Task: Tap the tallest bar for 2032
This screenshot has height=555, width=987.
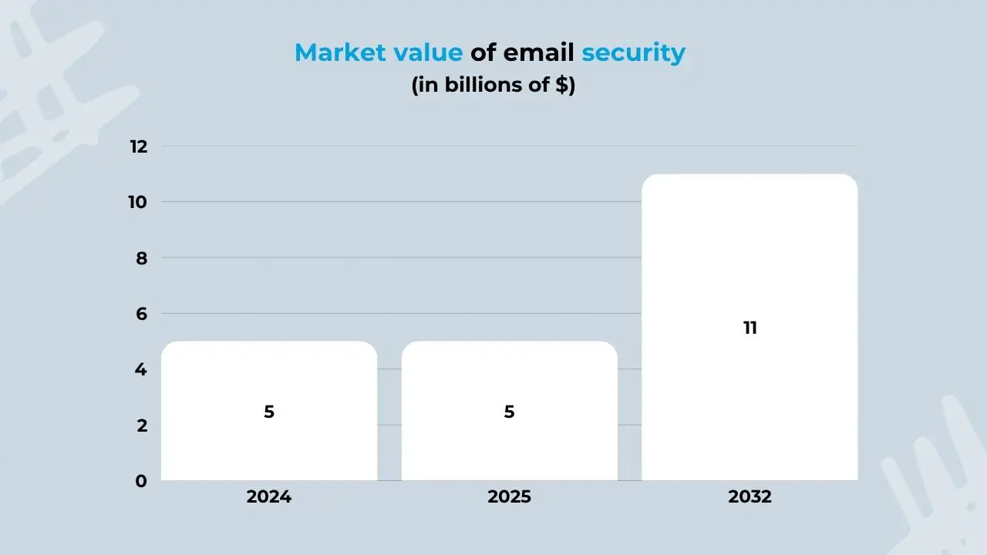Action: pyautogui.click(x=750, y=254)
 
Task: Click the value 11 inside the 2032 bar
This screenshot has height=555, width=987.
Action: pyautogui.click(x=750, y=328)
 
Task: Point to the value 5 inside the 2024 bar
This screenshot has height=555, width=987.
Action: pyautogui.click(x=269, y=412)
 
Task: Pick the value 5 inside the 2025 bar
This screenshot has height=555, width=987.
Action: pyautogui.click(x=509, y=412)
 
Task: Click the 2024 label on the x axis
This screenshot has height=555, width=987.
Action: pyautogui.click(x=269, y=497)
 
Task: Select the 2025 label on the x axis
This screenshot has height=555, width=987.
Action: pyautogui.click(x=509, y=497)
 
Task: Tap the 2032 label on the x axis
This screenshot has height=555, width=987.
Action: pyautogui.click(x=750, y=497)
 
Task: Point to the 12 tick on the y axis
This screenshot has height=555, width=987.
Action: pyautogui.click(x=138, y=146)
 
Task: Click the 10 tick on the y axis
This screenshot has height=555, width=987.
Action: pyautogui.click(x=138, y=202)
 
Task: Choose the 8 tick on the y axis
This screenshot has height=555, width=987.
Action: pyautogui.click(x=141, y=258)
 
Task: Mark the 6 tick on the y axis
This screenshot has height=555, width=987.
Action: pyautogui.click(x=141, y=314)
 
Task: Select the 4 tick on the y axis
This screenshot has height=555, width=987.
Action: pyautogui.click(x=141, y=370)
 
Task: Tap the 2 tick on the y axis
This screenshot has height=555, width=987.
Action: pyautogui.click(x=141, y=425)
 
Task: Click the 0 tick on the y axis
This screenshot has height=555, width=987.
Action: pyautogui.click(x=141, y=481)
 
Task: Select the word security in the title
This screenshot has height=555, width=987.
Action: pyautogui.click(x=633, y=53)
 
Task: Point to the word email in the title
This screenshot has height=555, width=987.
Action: pyautogui.click(x=539, y=52)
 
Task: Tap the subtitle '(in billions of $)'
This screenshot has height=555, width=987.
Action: pyautogui.click(x=493, y=85)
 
